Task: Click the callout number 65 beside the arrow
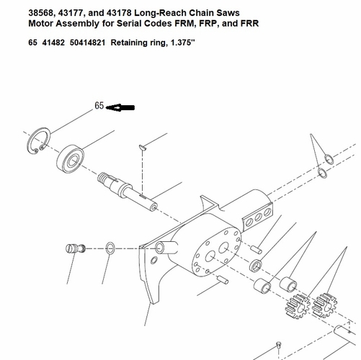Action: click(99, 106)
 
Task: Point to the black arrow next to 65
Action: click(120, 107)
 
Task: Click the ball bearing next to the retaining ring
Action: click(71, 158)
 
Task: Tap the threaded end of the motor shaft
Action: click(103, 179)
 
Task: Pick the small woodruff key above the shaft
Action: click(143, 148)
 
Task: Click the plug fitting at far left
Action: click(76, 248)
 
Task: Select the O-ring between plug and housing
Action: click(110, 248)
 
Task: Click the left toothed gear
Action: click(298, 306)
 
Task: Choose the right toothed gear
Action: click(324, 305)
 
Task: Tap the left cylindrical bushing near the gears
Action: click(262, 286)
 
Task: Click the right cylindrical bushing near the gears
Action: click(288, 284)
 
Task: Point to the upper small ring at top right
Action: click(329, 159)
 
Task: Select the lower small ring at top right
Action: click(322, 173)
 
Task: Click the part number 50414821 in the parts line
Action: click(87, 42)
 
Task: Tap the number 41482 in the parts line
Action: click(53, 42)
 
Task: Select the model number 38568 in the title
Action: click(40, 13)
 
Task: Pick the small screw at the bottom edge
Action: click(279, 346)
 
